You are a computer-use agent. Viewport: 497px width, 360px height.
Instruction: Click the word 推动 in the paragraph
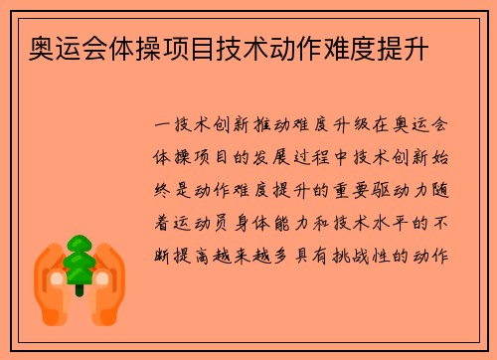pyautogui.click(x=270, y=127)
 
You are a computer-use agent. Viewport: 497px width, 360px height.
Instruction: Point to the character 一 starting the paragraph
pyautogui.click(x=163, y=127)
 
